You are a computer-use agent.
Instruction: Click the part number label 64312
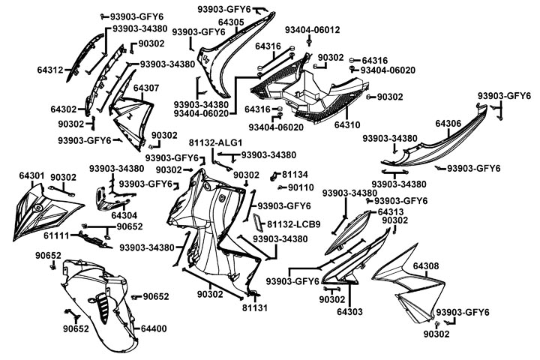pos(50,70)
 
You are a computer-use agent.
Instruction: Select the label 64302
pos(64,109)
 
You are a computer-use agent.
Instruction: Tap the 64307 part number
pos(146,88)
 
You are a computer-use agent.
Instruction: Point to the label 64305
pos(230,22)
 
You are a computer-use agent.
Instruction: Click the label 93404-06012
pos(312,30)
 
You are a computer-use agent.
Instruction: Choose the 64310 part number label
pos(347,124)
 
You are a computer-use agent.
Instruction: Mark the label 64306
pos(448,123)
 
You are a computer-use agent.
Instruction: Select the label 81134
pos(295,174)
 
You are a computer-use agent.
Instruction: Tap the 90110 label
pos(301,187)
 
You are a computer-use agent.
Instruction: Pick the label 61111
pos(55,235)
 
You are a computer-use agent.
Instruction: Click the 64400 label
pos(154,328)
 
